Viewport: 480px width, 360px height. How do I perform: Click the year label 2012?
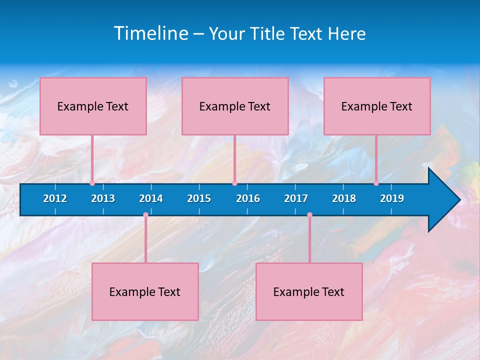point(55,198)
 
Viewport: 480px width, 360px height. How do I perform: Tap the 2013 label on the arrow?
point(103,198)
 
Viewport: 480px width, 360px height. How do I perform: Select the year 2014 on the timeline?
point(151,198)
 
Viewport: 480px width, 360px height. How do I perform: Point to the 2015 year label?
point(199,198)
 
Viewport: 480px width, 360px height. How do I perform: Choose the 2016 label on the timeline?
point(248,198)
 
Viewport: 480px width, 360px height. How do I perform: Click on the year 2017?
point(296,198)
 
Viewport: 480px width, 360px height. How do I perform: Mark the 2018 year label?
point(344,198)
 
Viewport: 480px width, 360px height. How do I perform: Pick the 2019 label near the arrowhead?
point(392,198)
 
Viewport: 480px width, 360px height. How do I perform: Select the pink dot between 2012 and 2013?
point(92,183)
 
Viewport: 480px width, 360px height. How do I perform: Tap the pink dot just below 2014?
point(145,215)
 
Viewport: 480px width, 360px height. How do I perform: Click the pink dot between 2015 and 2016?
point(234,183)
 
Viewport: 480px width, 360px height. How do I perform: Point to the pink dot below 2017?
point(309,215)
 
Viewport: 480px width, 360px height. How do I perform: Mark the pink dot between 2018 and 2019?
point(376,183)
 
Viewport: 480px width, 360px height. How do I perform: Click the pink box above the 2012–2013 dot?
point(93,106)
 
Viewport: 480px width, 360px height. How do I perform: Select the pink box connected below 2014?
point(145,291)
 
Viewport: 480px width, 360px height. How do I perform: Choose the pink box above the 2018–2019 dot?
point(377,106)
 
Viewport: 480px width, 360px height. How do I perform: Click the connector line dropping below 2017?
point(309,240)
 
